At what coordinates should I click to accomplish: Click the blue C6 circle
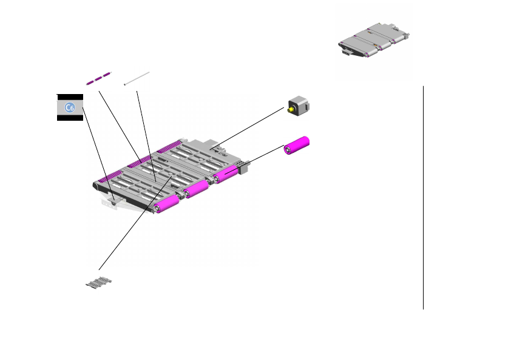[x=70, y=107]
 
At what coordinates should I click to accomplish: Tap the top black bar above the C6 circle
[x=70, y=97]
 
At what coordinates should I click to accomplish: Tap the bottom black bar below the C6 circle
[x=70, y=118]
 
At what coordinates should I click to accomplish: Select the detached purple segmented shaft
[x=98, y=78]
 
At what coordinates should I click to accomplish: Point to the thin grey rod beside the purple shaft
[x=137, y=78]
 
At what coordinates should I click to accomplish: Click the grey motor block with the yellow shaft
[x=299, y=106]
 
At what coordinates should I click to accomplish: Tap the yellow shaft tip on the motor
[x=289, y=110]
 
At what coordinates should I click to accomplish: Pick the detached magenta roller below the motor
[x=296, y=146]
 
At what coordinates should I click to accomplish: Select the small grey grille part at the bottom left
[x=99, y=282]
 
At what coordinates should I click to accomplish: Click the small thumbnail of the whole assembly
[x=374, y=41]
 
